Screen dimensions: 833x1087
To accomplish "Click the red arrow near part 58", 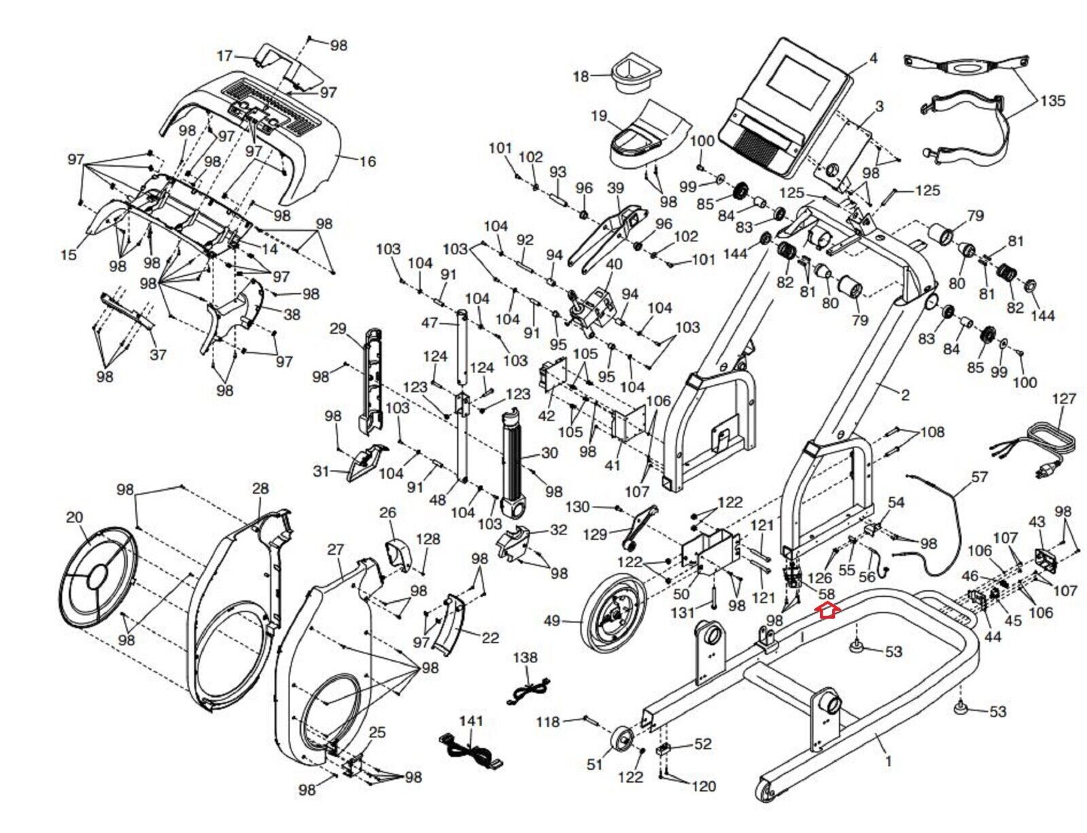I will pos(827,611).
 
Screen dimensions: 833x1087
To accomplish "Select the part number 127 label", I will pos(1063,398).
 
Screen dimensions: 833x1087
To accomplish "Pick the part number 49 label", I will pos(552,621).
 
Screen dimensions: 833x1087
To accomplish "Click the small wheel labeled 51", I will pos(622,741).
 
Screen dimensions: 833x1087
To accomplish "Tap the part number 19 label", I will pos(599,116).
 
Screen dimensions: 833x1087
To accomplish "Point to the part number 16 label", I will pos(367,162).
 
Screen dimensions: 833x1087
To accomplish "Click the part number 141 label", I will pos(471,721).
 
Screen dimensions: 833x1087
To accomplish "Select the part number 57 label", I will pos(979,477).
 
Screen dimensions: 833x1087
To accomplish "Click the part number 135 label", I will pos(1052,101).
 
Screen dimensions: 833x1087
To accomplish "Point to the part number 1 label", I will pos(888,762).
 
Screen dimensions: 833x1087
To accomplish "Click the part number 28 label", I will pos(260,488).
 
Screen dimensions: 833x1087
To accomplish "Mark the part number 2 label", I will pos(904,394).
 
